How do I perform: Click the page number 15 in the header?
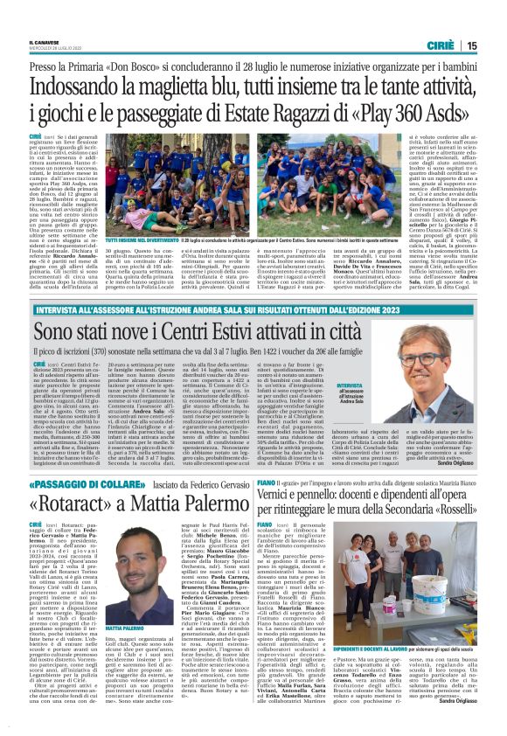pyautogui.click(x=472, y=45)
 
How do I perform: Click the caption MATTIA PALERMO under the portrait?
pyautogui.click(x=133, y=628)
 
